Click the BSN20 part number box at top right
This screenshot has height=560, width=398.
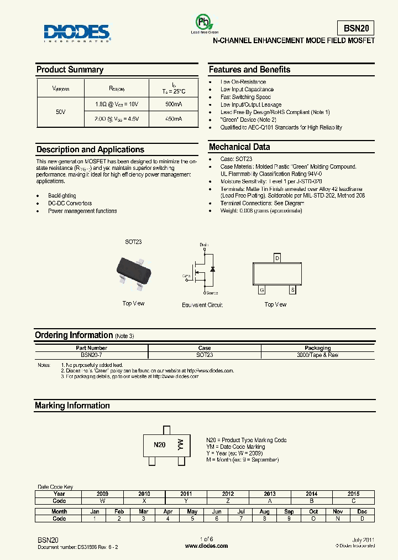pyautogui.click(x=355, y=28)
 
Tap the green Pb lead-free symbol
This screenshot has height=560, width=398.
pyautogui.click(x=204, y=23)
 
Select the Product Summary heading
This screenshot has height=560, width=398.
pyautogui.click(x=70, y=70)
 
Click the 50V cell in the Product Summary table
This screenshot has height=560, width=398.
pyautogui.click(x=61, y=112)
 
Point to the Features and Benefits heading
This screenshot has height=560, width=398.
pyautogui.click(x=249, y=70)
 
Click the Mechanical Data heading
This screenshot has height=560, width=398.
pyautogui.click(x=239, y=147)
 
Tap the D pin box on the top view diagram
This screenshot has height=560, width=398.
pyautogui.click(x=277, y=258)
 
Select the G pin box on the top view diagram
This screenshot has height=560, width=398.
pyautogui.click(x=262, y=289)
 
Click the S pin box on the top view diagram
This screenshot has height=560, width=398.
pyautogui.click(x=292, y=289)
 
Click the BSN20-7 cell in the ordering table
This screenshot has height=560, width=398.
pyautogui.click(x=92, y=355)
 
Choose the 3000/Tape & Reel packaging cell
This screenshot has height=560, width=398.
pyautogui.click(x=318, y=355)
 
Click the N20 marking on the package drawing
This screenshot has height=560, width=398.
pyautogui.click(x=159, y=444)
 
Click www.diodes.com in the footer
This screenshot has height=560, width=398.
pyautogui.click(x=206, y=546)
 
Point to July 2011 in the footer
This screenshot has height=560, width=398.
pyautogui.click(x=363, y=540)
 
